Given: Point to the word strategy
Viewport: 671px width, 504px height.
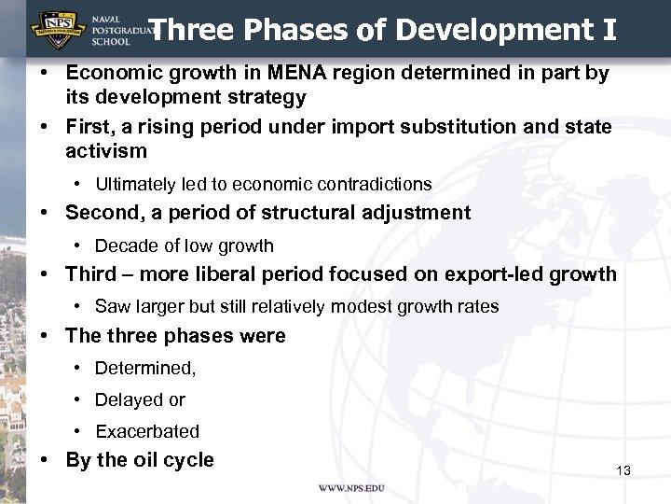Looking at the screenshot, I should tap(264, 96).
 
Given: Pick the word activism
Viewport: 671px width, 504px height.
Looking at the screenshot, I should tap(106, 150).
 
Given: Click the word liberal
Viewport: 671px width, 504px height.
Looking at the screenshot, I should tap(258, 274).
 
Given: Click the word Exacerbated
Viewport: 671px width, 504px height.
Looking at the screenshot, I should tap(147, 432).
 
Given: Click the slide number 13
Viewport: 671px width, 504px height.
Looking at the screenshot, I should tap(623, 470).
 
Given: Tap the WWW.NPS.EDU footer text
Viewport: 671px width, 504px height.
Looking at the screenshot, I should tap(351, 489).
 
